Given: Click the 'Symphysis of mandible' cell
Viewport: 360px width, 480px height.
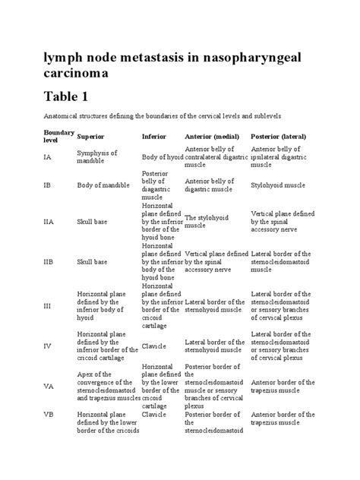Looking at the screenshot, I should [97, 158].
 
